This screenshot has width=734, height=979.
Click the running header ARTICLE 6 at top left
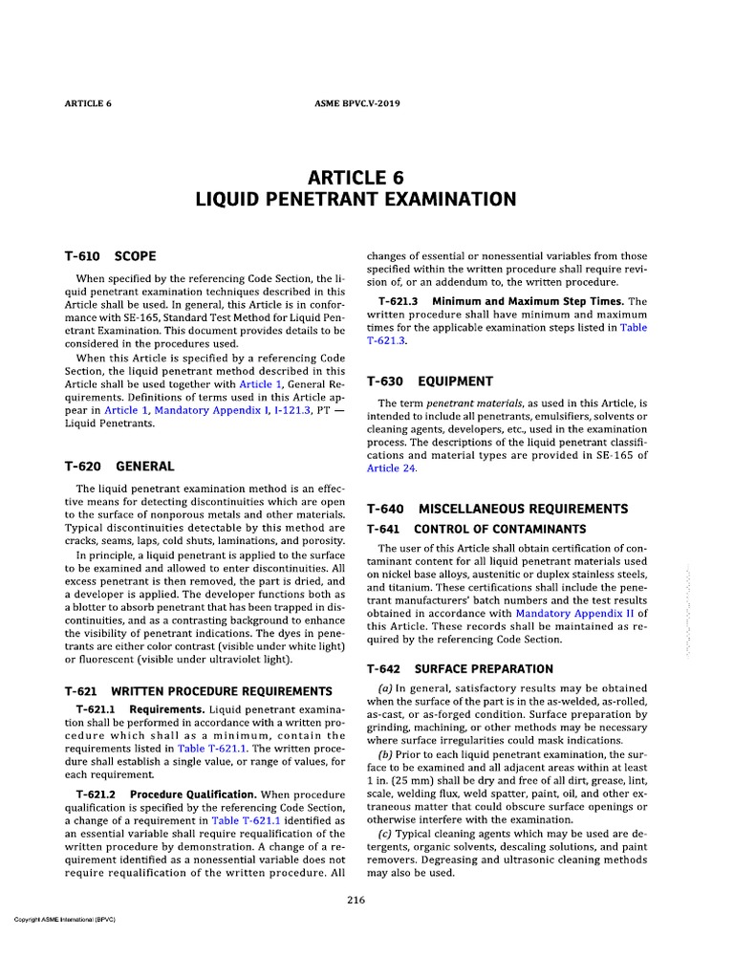click(x=88, y=102)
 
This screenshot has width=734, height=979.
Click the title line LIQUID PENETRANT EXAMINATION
click(x=356, y=199)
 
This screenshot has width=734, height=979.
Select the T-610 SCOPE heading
click(x=110, y=257)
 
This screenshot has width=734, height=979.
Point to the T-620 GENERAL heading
click(x=119, y=467)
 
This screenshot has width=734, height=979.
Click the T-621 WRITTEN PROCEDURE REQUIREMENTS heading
click(x=198, y=690)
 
